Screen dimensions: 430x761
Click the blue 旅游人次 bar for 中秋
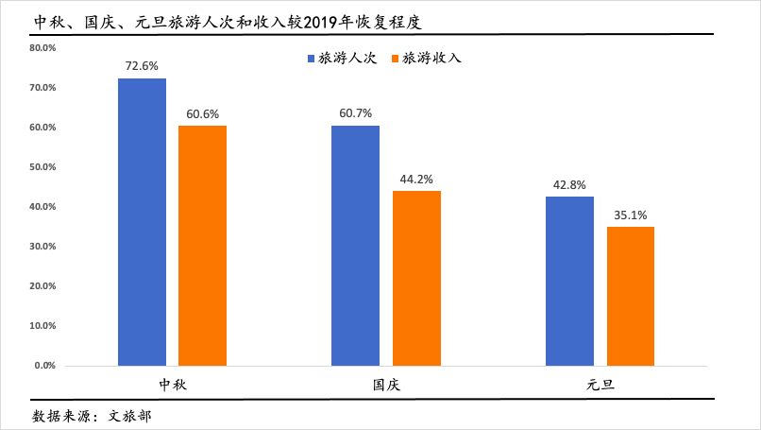[142, 221]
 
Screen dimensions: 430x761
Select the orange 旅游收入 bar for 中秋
[202, 245]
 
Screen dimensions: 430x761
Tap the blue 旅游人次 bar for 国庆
[355, 245]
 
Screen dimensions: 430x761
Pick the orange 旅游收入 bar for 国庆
[416, 278]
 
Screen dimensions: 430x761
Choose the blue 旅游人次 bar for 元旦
[569, 281]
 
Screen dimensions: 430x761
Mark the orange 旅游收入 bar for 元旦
[631, 296]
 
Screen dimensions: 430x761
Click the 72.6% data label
[142, 66]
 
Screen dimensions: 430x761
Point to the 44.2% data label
[416, 180]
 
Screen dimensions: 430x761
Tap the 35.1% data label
[631, 215]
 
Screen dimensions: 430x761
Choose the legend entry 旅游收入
[431, 59]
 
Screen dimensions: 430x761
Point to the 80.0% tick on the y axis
[43, 47]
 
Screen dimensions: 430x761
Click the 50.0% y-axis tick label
[43, 166]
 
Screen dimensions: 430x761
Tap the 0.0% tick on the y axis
[46, 365]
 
